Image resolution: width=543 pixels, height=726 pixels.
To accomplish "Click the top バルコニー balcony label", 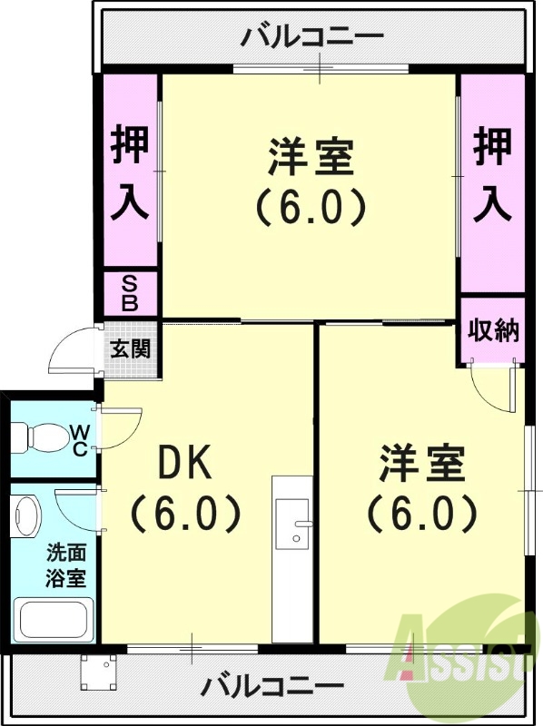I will [313, 39].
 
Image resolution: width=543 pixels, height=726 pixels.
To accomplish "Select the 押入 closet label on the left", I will [130, 172].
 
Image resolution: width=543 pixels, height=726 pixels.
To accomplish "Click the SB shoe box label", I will [130, 293].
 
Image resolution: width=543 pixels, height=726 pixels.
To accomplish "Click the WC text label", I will [79, 439].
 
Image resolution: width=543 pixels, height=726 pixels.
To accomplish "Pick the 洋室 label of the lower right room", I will [422, 464].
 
